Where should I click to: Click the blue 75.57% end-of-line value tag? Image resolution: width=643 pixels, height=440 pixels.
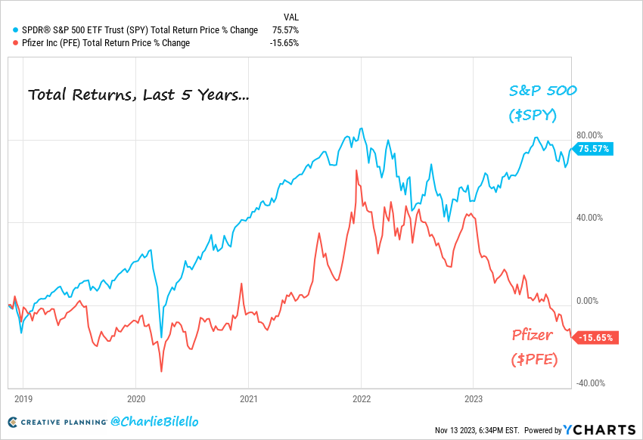tap(594, 149)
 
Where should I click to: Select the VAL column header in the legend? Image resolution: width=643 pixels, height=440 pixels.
tap(290, 16)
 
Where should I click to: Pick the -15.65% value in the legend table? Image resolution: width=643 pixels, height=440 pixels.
tap(284, 43)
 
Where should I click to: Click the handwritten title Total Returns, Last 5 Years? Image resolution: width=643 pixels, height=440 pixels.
tap(138, 95)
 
